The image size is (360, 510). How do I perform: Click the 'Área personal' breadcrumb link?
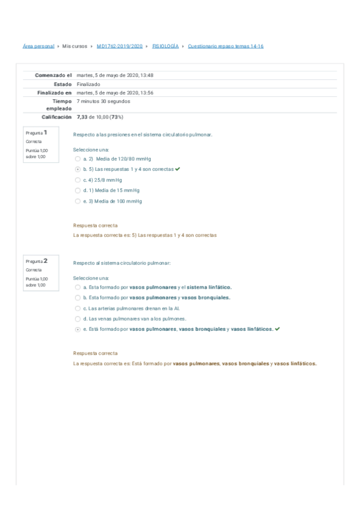click(38, 46)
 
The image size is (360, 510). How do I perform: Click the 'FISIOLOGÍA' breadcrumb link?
click(165, 46)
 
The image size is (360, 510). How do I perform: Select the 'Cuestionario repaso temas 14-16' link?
click(225, 46)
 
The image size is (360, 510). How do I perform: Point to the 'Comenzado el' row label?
click(53, 75)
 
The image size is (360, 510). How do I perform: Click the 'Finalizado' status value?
click(89, 84)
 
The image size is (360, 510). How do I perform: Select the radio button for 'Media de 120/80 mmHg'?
click(78, 159)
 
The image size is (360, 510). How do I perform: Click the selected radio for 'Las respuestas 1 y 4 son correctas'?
click(78, 170)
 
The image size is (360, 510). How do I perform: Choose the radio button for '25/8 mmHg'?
click(78, 180)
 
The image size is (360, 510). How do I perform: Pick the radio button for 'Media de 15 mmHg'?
click(78, 191)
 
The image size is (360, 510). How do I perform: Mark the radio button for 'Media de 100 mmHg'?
click(78, 201)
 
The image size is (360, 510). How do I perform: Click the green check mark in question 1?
click(178, 169)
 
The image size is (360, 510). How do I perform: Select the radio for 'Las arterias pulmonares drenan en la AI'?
click(78, 308)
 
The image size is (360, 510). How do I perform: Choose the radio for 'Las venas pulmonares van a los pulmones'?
click(78, 319)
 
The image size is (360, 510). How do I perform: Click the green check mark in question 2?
click(276, 329)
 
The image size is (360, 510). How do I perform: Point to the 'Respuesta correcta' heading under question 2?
click(95, 354)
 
